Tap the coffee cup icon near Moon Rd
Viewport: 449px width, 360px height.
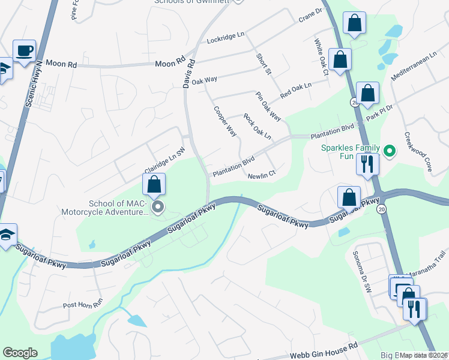(24, 52)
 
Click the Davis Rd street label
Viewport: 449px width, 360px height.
(190, 73)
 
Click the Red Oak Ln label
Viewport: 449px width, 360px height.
(296, 91)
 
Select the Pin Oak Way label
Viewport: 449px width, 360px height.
(268, 106)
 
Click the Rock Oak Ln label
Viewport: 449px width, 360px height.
(257, 127)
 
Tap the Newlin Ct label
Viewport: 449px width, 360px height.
(262, 175)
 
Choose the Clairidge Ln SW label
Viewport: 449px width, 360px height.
(163, 158)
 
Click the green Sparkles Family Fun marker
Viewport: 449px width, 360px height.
(389, 151)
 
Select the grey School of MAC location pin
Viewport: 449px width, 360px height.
(158, 208)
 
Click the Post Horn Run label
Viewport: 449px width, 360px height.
(83, 305)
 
